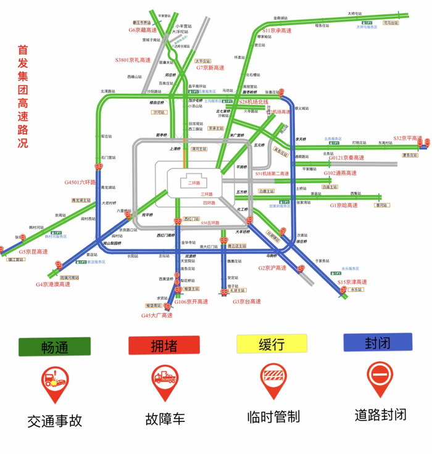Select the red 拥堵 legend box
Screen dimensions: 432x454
point(164,345)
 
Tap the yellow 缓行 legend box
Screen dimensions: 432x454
point(272,344)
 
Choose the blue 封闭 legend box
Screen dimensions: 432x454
point(378,342)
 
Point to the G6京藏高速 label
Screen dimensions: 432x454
point(143,29)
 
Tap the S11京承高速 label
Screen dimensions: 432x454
point(276,30)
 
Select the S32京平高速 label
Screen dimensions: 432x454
point(407,138)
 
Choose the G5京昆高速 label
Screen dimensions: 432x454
point(33,252)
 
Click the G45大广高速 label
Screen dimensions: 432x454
point(156,315)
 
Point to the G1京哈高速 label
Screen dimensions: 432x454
point(344,205)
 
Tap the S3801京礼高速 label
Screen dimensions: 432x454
point(133,60)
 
